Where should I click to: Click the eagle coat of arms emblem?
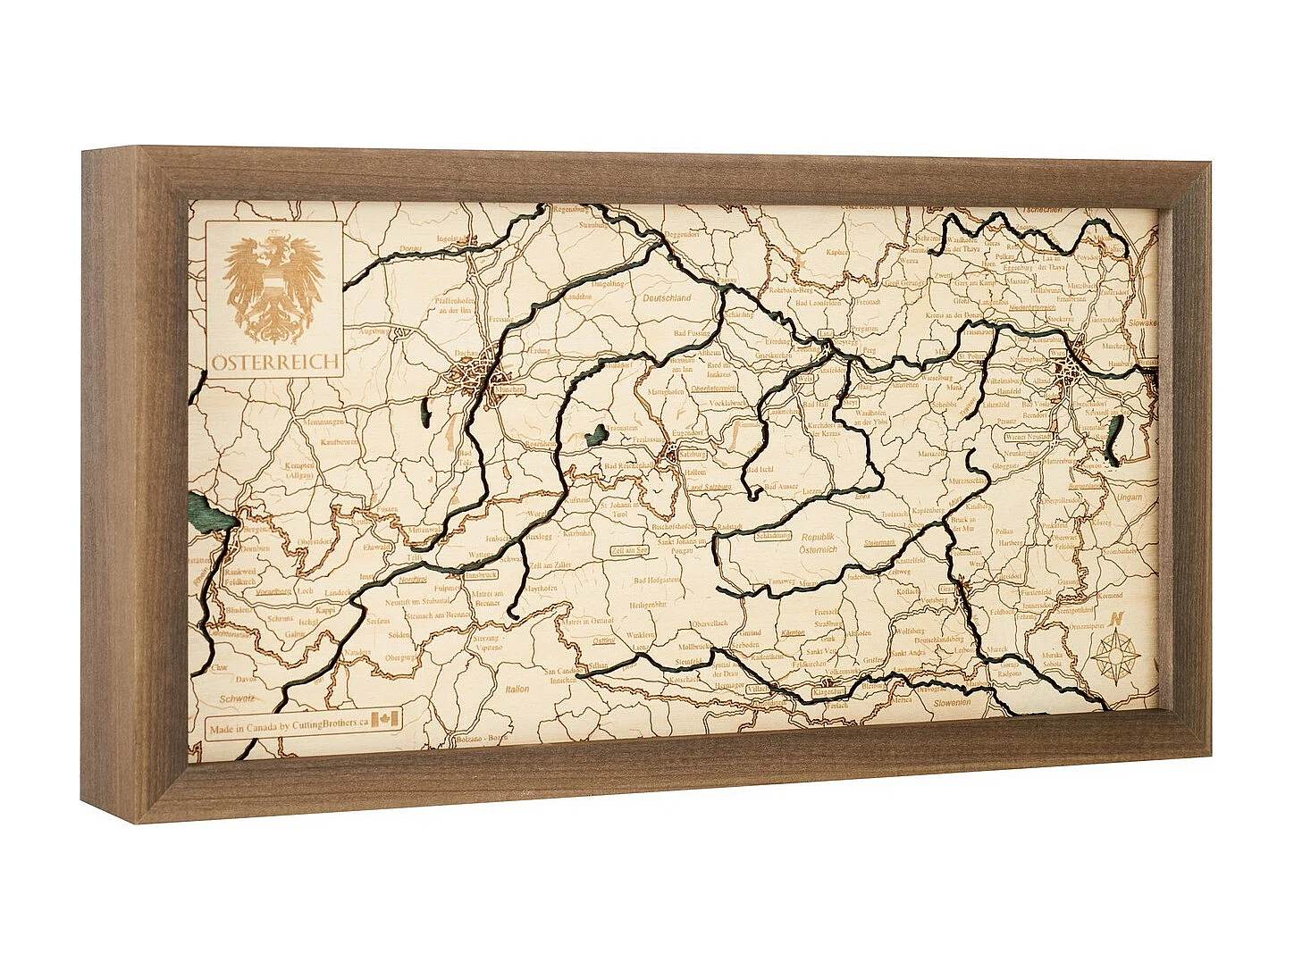[x=273, y=286]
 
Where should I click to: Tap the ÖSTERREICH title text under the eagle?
[x=276, y=363]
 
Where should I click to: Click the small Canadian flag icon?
[x=386, y=719]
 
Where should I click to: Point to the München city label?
[x=510, y=390]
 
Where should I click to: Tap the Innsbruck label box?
[x=480, y=575]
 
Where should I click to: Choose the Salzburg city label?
[x=693, y=454]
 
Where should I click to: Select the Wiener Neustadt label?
[x=1029, y=438]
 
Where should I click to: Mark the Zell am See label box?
[x=630, y=550]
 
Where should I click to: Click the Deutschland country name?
[x=667, y=298]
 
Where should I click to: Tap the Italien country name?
[x=517, y=689]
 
